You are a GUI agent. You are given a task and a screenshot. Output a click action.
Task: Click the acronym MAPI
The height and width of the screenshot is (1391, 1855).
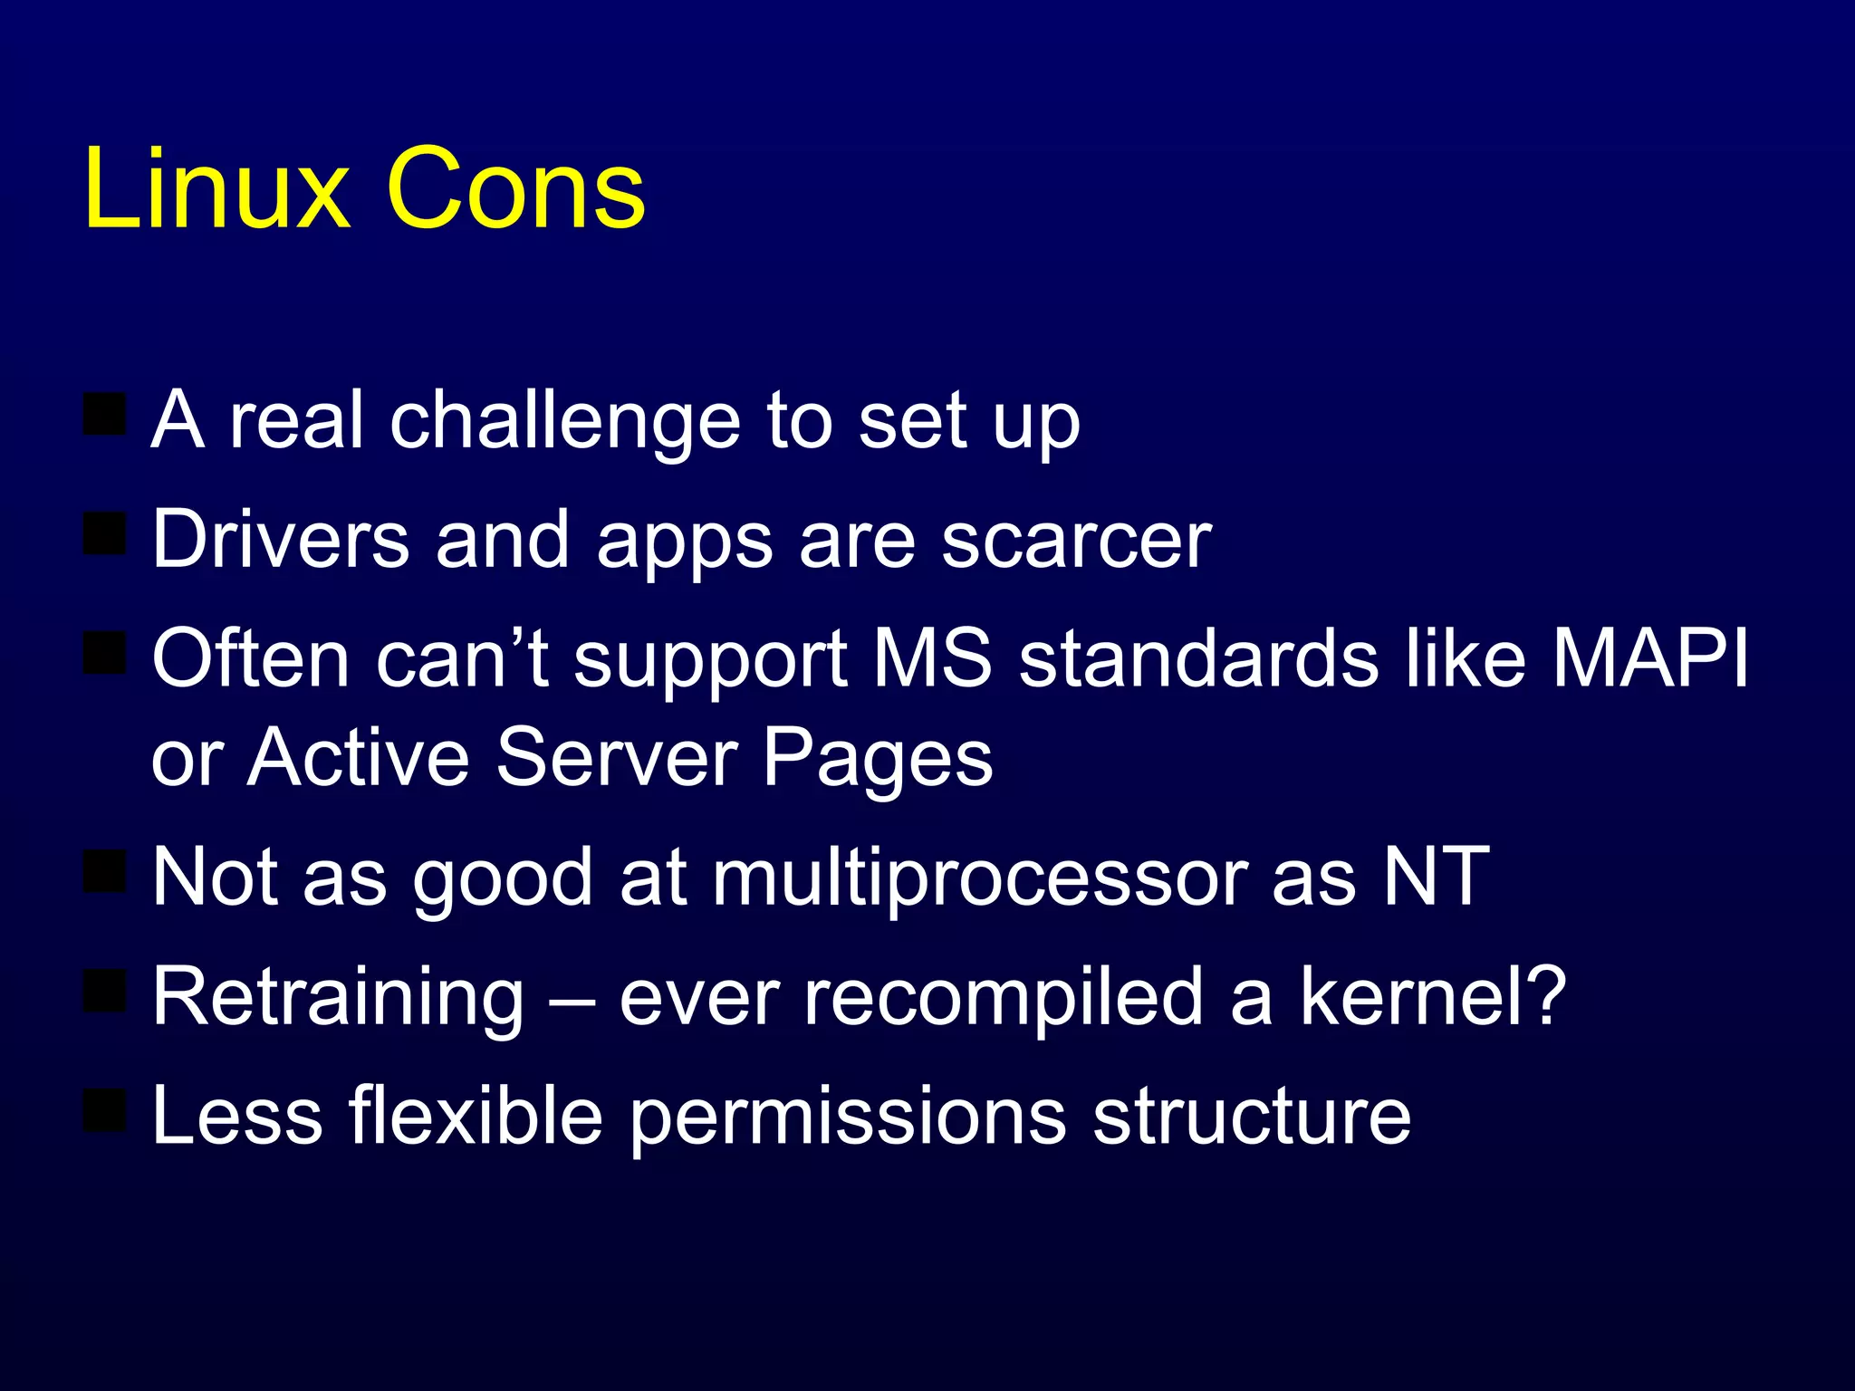(x=1650, y=658)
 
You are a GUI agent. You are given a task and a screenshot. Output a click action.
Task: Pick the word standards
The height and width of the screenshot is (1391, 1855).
(x=1198, y=658)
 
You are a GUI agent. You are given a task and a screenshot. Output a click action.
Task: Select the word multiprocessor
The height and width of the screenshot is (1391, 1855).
(x=980, y=878)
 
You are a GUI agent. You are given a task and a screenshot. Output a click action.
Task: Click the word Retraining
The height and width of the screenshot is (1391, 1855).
(x=338, y=997)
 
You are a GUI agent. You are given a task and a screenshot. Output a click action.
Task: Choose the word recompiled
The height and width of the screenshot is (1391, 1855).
(x=1003, y=997)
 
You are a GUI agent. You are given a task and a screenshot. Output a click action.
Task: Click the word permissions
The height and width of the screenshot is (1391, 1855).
(x=848, y=1117)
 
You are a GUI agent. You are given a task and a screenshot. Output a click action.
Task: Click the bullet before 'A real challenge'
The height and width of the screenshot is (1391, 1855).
(x=105, y=414)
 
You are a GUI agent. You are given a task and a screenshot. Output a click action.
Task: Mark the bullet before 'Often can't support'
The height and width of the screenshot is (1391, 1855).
(x=105, y=653)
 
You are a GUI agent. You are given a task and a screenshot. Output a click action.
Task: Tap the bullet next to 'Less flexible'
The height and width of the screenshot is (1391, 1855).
(x=105, y=1109)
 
